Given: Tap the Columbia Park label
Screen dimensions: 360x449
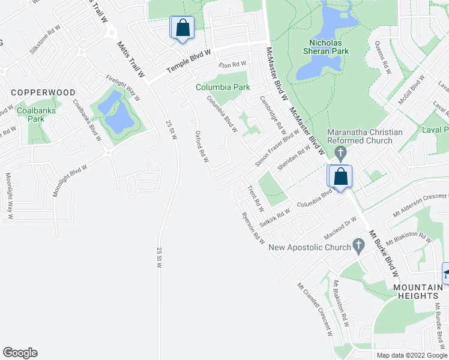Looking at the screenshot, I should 223,87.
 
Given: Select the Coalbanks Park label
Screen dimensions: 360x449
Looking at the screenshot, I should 31,115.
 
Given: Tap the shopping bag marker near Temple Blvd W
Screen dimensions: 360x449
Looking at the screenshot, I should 181,28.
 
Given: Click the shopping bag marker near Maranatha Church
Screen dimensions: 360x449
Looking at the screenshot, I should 340,177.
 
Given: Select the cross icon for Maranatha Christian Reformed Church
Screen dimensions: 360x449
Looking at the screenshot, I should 340,154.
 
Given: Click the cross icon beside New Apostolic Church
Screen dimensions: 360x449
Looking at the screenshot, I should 359,245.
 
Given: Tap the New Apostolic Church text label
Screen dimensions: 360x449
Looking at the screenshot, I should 310,247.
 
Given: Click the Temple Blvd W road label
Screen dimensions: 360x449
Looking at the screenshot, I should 188,61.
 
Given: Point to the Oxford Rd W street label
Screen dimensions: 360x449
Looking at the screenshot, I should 202,147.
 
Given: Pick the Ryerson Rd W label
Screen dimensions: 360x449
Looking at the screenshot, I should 253,227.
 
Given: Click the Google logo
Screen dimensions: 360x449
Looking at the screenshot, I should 20,353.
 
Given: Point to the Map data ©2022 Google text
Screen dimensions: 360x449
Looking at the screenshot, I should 412,355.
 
